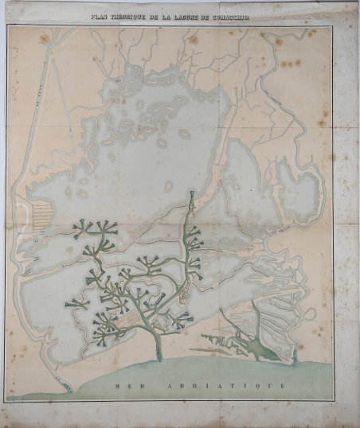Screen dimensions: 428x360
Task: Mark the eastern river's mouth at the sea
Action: [x=295, y=354]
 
